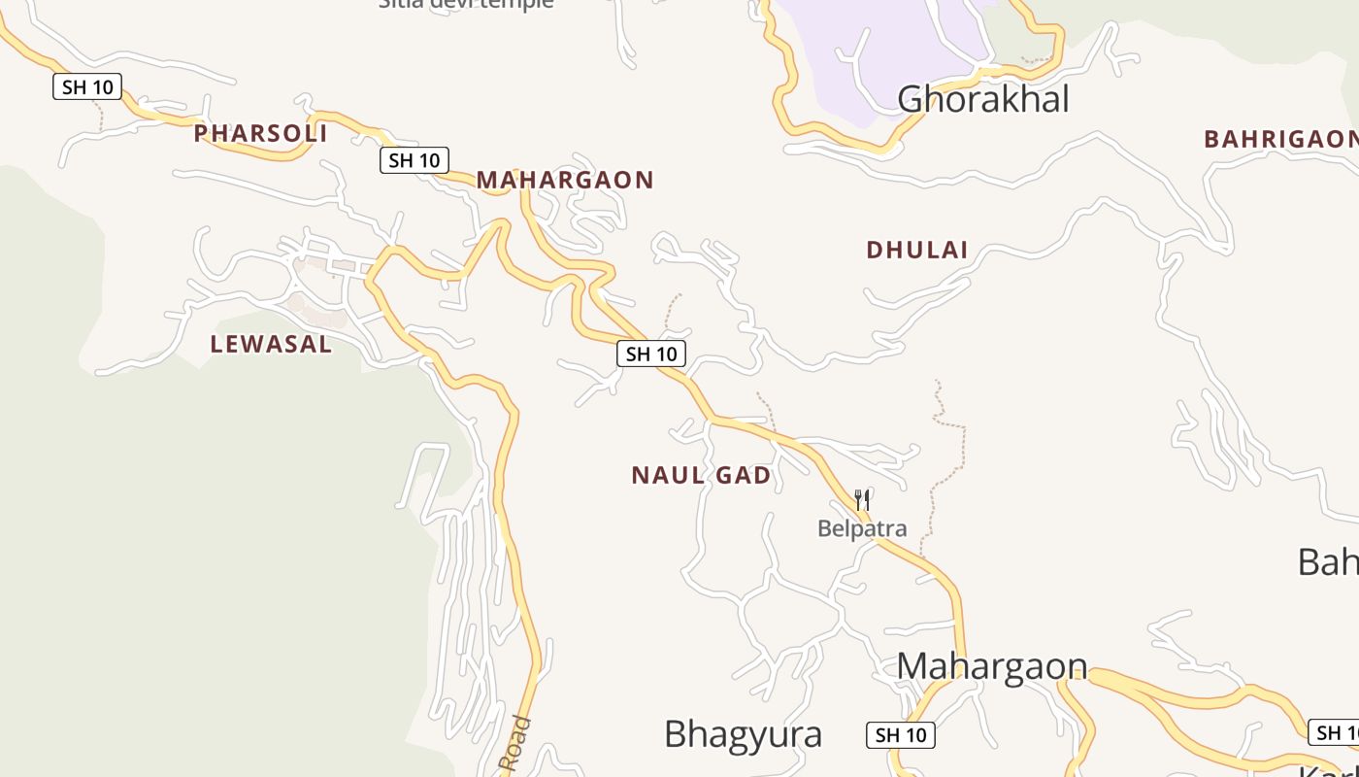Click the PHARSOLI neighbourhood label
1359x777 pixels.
(x=260, y=133)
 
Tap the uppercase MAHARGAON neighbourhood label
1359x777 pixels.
(x=565, y=180)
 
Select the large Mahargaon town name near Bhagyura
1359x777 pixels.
(x=991, y=666)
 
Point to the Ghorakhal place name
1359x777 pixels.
(x=982, y=99)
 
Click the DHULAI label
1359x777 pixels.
(x=916, y=250)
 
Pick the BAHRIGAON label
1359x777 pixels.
(x=1279, y=139)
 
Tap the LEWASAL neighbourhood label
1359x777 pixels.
(x=271, y=344)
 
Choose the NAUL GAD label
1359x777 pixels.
(x=701, y=475)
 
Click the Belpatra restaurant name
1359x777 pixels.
(x=862, y=528)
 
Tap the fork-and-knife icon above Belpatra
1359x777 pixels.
(x=862, y=500)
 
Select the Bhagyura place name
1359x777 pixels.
(x=743, y=734)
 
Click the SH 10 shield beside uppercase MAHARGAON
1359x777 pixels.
(x=414, y=160)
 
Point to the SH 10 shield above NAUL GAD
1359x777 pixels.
(x=651, y=354)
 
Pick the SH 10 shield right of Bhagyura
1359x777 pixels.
(x=901, y=735)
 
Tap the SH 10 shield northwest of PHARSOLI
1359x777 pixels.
(x=87, y=86)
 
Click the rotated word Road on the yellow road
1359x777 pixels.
(x=515, y=744)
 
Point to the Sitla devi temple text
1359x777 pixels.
(x=466, y=4)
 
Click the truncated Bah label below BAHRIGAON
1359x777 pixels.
(x=1328, y=561)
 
